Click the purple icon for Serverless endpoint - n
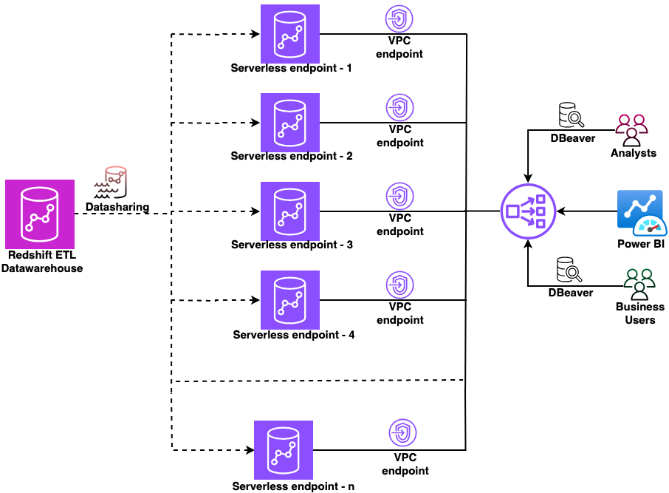[283, 449]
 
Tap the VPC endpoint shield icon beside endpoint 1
[400, 19]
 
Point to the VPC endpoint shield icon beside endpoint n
[402, 433]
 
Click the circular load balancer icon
[528, 211]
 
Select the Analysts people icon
[632, 130]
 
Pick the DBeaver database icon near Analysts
[571, 116]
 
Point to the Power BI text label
[641, 245]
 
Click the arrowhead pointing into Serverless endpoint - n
[248, 449]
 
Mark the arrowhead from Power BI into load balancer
[560, 211]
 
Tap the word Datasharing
[117, 207]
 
